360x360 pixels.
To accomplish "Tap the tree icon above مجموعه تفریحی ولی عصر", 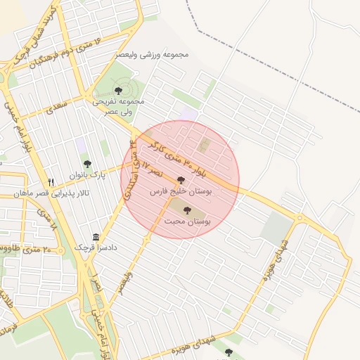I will coord(117,91).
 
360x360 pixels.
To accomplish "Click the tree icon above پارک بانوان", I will coord(87,164).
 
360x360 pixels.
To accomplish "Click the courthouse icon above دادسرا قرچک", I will coord(96,237).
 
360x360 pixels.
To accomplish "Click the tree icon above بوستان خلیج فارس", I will coord(181,180).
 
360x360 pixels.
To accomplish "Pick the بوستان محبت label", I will coord(188,221).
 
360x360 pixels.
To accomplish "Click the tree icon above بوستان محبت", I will coord(187,210).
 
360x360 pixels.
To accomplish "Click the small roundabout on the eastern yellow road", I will coord(300,218).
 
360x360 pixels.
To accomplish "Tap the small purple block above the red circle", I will coord(188,114).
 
